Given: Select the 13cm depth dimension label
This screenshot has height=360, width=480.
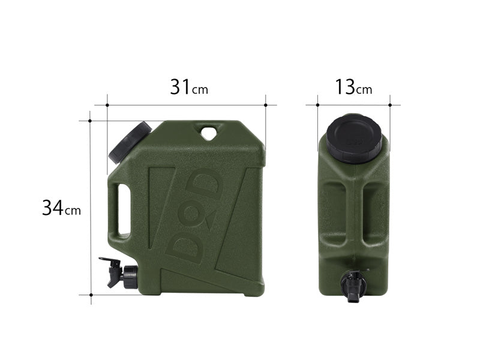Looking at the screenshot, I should tap(353, 88).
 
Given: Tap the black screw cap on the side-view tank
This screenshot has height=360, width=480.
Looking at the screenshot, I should tap(130, 142).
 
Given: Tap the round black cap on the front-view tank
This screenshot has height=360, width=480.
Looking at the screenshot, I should tap(354, 137).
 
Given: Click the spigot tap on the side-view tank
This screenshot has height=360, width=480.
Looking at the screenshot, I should tap(120, 273).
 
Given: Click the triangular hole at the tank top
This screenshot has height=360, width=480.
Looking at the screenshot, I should tap(209, 132).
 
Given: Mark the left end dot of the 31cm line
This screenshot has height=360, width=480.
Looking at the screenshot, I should tap(107, 105).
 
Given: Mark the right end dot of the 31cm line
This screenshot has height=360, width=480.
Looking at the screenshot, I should tap(265, 105).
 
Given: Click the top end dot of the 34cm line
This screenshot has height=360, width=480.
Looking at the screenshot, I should tap(90, 121).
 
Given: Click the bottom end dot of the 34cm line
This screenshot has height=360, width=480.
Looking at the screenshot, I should tap(90, 295).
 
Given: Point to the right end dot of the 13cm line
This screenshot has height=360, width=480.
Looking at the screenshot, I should tap(390, 105).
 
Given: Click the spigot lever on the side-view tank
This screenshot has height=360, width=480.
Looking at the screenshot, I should tap(108, 262).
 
